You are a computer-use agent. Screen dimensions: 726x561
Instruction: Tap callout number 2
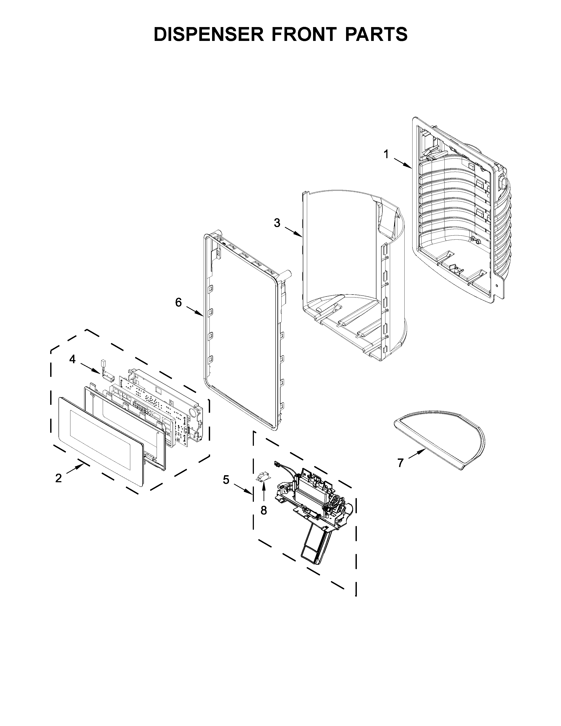point(59,478)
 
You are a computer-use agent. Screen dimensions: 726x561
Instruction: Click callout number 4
point(72,359)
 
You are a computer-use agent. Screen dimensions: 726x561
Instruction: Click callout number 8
point(264,510)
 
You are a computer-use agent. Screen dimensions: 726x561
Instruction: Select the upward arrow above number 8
point(264,493)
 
